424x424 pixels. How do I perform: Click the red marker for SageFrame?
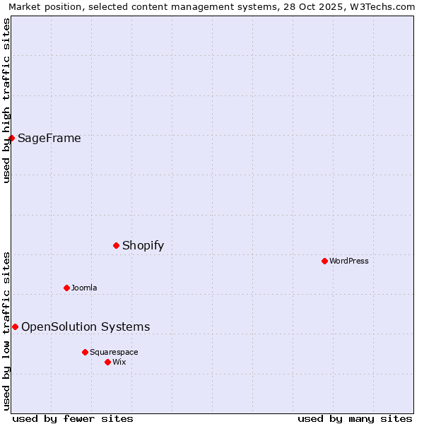click(12, 138)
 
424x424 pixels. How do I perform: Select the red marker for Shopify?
click(117, 245)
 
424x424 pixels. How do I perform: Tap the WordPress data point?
click(324, 261)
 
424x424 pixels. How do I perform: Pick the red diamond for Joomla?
click(66, 288)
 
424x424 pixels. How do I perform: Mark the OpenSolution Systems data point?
click(15, 326)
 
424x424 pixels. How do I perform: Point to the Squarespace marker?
click(85, 352)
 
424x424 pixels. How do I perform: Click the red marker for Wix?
click(107, 362)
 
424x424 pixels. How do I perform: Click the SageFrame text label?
click(49, 138)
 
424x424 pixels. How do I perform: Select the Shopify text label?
click(143, 245)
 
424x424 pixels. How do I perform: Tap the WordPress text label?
click(348, 261)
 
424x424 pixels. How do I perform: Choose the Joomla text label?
click(84, 288)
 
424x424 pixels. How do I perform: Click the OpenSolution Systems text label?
click(86, 326)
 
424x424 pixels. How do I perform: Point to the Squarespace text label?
click(114, 352)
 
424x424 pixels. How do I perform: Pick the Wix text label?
click(119, 362)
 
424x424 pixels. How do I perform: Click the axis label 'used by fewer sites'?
click(73, 418)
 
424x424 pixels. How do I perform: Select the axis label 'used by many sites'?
click(355, 418)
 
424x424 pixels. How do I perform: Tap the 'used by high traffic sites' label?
click(6, 100)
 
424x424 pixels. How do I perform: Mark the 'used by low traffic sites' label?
click(6, 330)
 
